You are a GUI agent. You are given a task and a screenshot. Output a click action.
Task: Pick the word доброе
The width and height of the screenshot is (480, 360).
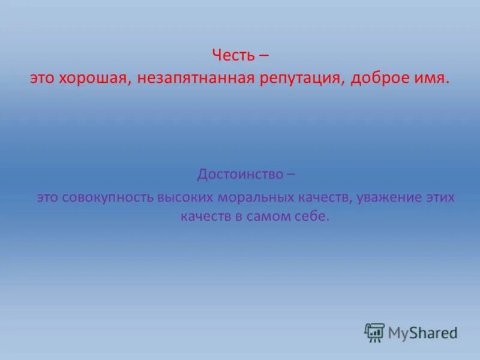378,79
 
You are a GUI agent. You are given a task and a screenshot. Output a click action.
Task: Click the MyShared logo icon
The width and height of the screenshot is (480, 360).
374,332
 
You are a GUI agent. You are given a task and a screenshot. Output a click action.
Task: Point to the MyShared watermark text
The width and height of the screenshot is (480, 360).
422,332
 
